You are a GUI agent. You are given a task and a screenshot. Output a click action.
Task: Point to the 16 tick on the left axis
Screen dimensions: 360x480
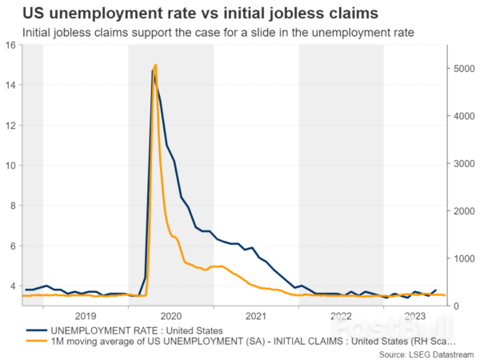[x=11, y=45]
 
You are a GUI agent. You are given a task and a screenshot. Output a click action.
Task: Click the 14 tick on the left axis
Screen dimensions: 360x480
[x=11, y=85]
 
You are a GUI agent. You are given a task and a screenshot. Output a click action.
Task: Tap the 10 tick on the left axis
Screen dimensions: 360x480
[x=11, y=166]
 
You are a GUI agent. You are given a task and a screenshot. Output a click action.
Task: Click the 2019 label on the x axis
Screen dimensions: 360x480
[x=86, y=315]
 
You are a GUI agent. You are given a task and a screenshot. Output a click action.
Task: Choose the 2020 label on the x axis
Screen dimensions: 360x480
[x=170, y=315]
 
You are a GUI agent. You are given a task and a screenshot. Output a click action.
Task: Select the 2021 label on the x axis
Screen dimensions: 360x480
[x=256, y=315]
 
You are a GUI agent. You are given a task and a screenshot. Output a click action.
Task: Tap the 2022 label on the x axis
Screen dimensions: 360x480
[x=341, y=315]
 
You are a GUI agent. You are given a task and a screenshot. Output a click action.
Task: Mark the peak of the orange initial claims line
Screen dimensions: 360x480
[x=155, y=65]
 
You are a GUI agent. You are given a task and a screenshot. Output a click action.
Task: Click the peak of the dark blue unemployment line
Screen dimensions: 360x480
[x=152, y=71]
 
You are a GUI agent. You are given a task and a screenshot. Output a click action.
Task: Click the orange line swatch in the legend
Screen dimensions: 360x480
[x=35, y=342]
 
